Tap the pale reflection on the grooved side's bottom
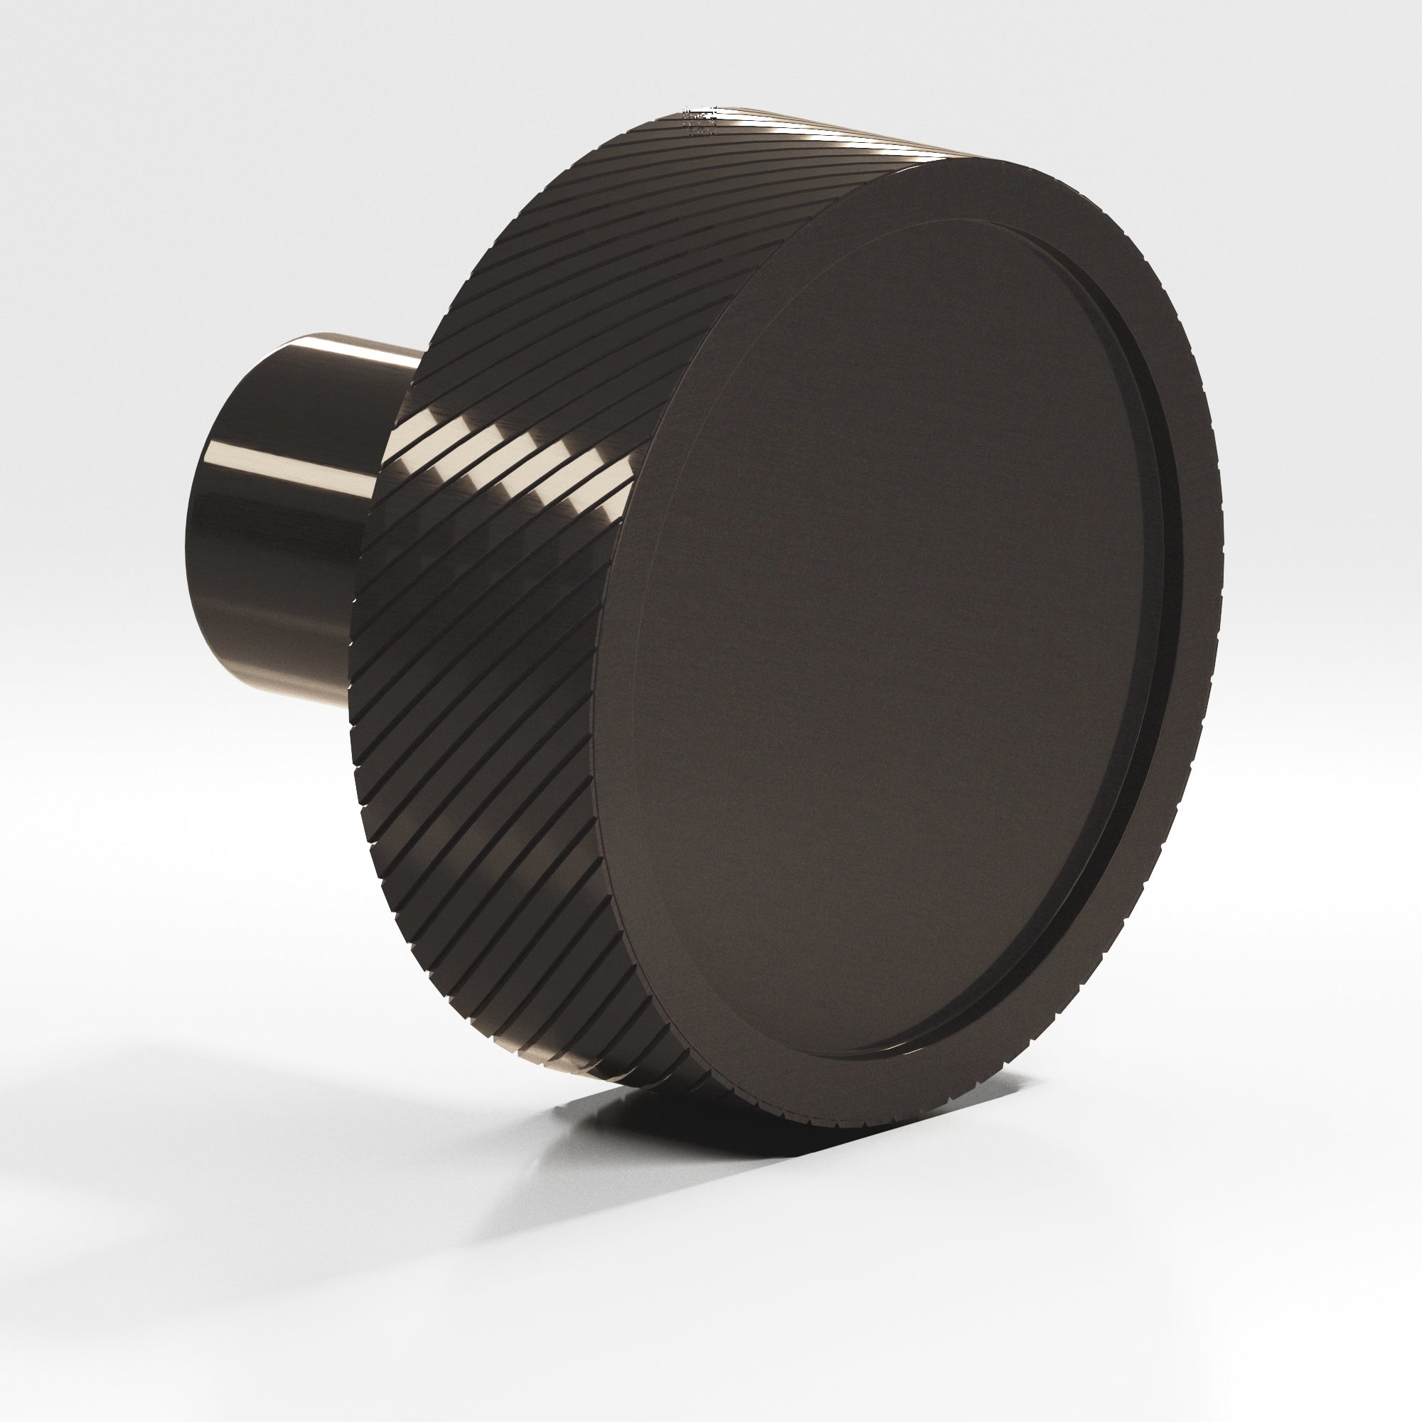[x=648, y=1104]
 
